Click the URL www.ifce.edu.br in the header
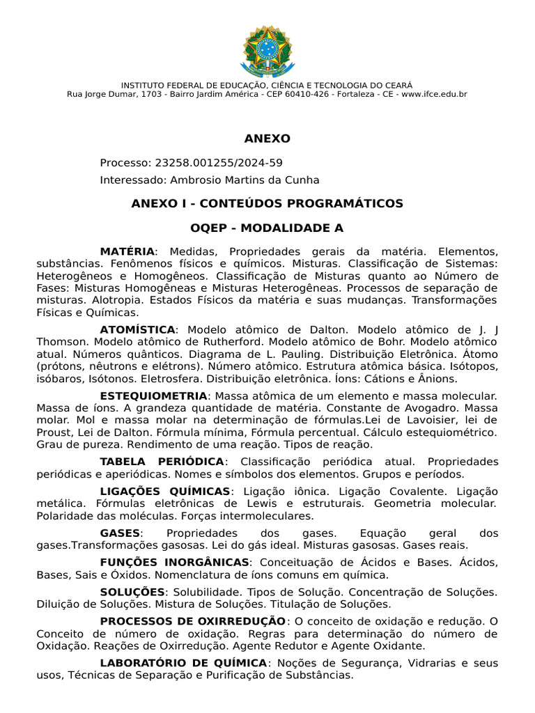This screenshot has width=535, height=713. tap(434, 94)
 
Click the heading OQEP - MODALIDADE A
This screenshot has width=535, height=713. tap(267, 228)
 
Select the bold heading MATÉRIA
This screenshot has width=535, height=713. tap(127, 251)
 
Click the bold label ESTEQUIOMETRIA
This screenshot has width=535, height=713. tap(153, 395)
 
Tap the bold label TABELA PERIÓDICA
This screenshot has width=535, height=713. tap(162, 462)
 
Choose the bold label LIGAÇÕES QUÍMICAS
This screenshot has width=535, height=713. tap(164, 491)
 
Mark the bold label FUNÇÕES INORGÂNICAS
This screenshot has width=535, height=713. tap(174, 562)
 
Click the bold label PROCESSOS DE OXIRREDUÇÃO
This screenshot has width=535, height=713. tap(192, 620)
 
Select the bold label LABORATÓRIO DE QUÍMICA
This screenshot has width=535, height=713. tap(183, 663)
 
